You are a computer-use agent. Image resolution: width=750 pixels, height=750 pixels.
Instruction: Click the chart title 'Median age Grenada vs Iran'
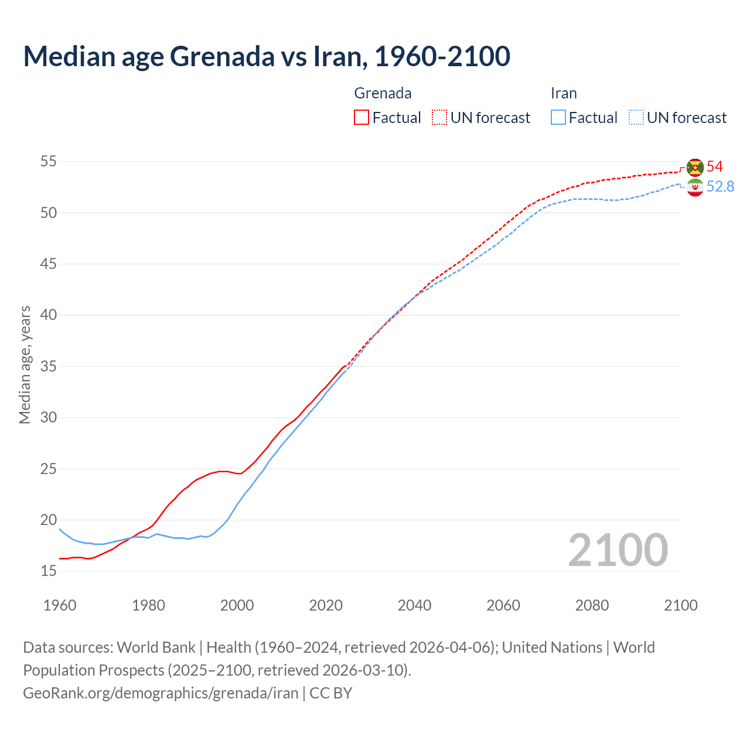click(x=267, y=56)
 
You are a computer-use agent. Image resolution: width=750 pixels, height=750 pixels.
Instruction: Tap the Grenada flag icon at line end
click(x=694, y=167)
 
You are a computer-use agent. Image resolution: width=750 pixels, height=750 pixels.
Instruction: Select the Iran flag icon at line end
click(x=694, y=187)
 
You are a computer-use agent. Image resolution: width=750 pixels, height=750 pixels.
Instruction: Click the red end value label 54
click(x=714, y=166)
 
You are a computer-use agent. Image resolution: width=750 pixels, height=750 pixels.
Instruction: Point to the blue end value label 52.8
click(x=720, y=186)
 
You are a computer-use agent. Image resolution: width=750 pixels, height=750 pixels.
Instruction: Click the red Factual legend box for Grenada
click(x=362, y=118)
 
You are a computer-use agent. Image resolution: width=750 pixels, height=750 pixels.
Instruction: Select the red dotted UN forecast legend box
click(x=439, y=118)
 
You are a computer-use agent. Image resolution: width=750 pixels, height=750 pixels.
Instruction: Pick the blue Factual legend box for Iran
click(x=558, y=118)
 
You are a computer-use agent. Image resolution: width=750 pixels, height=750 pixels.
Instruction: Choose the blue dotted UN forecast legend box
click(x=636, y=118)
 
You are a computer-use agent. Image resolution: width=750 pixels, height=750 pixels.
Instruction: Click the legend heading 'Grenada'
click(x=383, y=93)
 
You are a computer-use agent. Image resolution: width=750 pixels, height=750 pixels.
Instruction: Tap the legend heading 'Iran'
click(x=564, y=93)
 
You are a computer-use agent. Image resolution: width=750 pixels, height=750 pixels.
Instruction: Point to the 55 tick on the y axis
click(x=49, y=161)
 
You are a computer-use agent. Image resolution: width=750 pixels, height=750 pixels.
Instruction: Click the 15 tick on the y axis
click(x=49, y=571)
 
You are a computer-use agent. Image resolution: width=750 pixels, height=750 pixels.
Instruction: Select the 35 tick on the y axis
click(x=49, y=366)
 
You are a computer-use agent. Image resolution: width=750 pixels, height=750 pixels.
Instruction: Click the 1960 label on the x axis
click(x=60, y=605)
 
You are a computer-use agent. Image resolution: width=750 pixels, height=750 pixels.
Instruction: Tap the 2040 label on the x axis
click(x=414, y=605)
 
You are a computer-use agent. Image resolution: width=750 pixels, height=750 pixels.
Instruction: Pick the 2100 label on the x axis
click(x=680, y=605)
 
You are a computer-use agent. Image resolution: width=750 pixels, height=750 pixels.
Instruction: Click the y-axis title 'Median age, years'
click(x=25, y=364)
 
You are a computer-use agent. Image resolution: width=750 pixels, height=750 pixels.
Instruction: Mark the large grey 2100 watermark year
click(x=618, y=550)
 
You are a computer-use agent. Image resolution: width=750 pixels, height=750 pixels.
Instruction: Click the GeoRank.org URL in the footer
click(x=161, y=693)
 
